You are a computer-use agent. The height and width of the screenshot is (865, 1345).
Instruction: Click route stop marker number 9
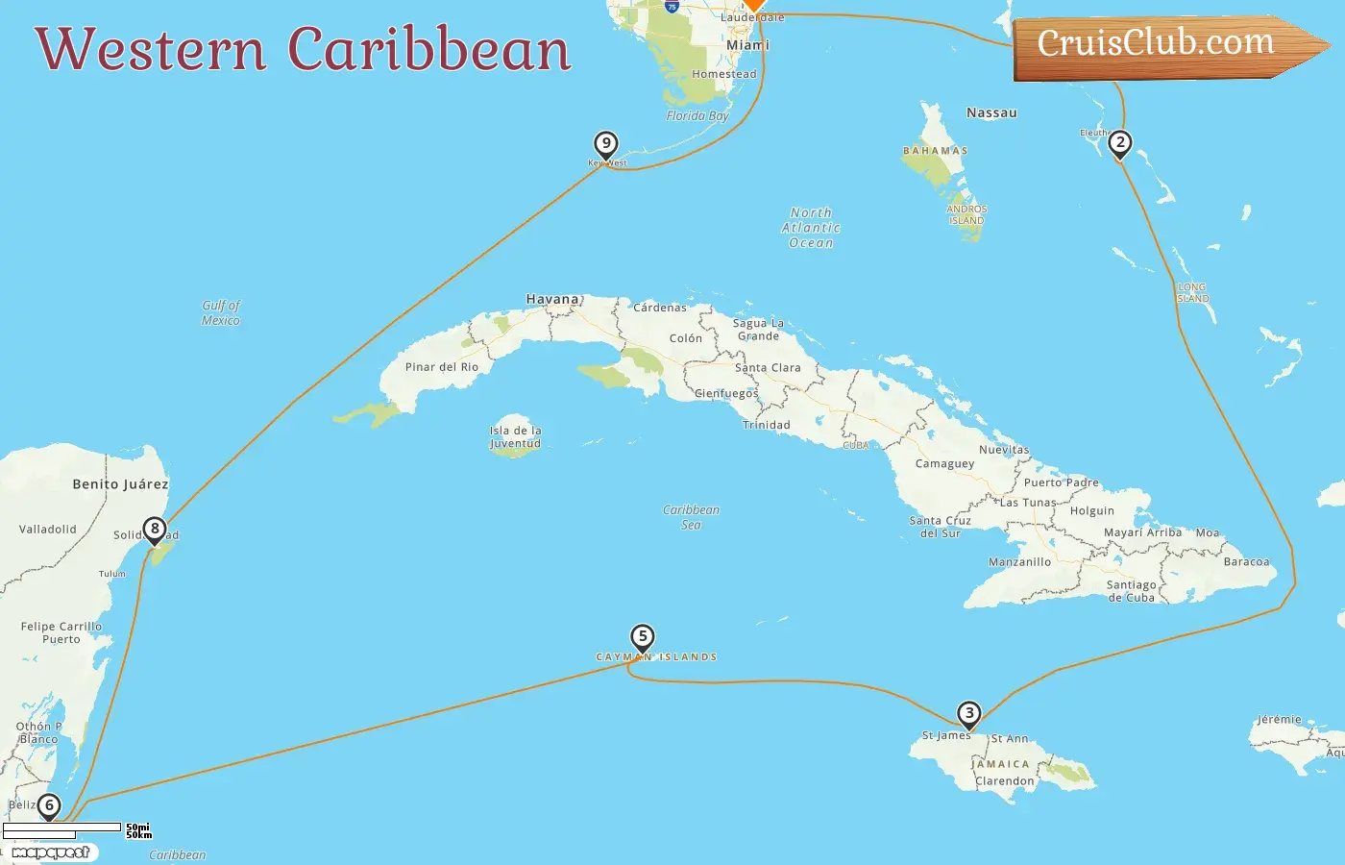point(605,144)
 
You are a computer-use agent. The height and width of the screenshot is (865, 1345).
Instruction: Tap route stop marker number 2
point(1119,143)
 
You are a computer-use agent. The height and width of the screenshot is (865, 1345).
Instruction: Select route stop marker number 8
point(154,530)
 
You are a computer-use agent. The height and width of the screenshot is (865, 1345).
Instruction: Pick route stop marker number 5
point(643,636)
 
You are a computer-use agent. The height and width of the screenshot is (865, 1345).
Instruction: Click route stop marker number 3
point(969,713)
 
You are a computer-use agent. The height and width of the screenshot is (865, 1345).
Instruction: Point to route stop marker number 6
point(48,805)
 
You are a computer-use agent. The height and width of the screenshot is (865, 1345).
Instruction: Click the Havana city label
point(552,299)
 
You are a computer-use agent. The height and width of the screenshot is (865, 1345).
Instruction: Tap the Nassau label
point(991,112)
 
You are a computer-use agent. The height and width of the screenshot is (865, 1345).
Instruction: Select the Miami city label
point(747,45)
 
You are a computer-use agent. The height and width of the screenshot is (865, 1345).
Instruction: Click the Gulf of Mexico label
point(221,312)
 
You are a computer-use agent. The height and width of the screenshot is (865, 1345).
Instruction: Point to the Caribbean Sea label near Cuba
point(691,517)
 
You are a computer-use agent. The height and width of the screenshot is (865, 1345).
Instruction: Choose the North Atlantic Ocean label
point(811,228)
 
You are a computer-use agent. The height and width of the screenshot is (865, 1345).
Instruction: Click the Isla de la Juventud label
point(516,437)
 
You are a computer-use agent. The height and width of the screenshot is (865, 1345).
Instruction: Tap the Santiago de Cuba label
point(1132,590)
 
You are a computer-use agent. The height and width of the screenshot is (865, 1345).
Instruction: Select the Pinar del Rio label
point(442,367)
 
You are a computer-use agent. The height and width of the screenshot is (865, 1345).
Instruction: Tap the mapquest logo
point(52,853)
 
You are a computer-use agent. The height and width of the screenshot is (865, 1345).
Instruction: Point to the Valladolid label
point(48,530)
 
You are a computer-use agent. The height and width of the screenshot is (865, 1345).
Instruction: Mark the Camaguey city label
point(944,463)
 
